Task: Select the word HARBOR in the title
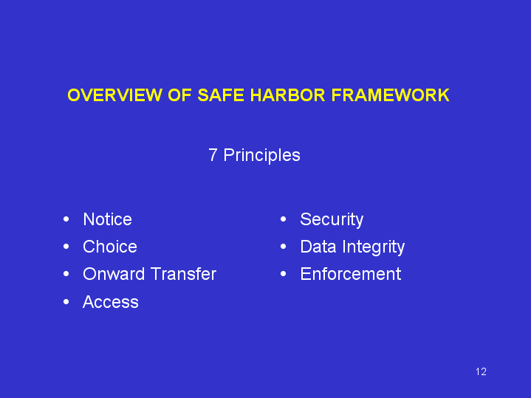[x=287, y=95]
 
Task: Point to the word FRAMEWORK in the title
[x=390, y=95]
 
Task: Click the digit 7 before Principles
[x=213, y=155]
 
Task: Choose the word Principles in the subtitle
[x=261, y=156]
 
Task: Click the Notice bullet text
[x=107, y=219]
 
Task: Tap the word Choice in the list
[x=110, y=247]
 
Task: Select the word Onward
[x=114, y=274]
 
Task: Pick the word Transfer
[x=183, y=274]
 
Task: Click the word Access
[x=111, y=302]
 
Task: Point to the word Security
[x=332, y=220]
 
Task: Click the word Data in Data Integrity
[x=318, y=247]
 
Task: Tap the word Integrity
[x=374, y=247]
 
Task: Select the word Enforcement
[x=351, y=274]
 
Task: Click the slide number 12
[x=482, y=372]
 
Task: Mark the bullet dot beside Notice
[x=66, y=219]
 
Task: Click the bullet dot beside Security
[x=284, y=219]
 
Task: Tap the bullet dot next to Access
[x=66, y=302]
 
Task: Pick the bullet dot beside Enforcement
[x=284, y=274]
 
